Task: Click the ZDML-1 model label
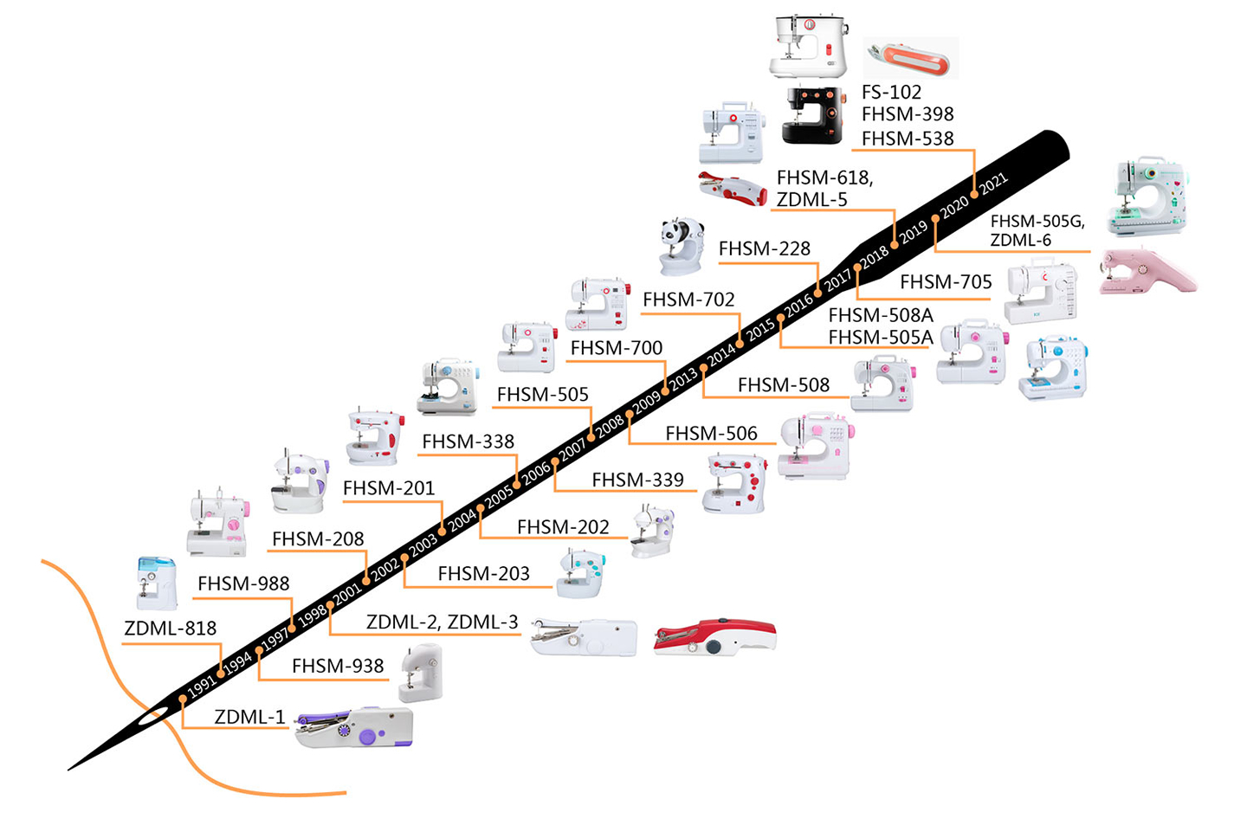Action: [249, 717]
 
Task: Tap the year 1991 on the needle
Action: [202, 687]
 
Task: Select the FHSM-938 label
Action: [337, 666]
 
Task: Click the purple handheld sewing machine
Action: [354, 726]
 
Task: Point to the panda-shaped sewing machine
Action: [682, 245]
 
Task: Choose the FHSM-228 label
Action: [764, 249]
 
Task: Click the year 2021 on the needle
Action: [994, 182]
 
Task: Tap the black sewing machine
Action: [811, 114]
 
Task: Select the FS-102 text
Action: [891, 92]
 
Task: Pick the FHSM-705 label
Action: [945, 282]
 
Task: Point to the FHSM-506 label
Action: [710, 433]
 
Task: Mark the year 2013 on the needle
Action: [683, 377]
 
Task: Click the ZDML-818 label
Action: [170, 628]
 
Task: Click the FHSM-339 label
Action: [637, 480]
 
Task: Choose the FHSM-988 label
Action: [242, 583]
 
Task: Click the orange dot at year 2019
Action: [895, 245]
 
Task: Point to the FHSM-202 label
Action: [562, 527]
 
